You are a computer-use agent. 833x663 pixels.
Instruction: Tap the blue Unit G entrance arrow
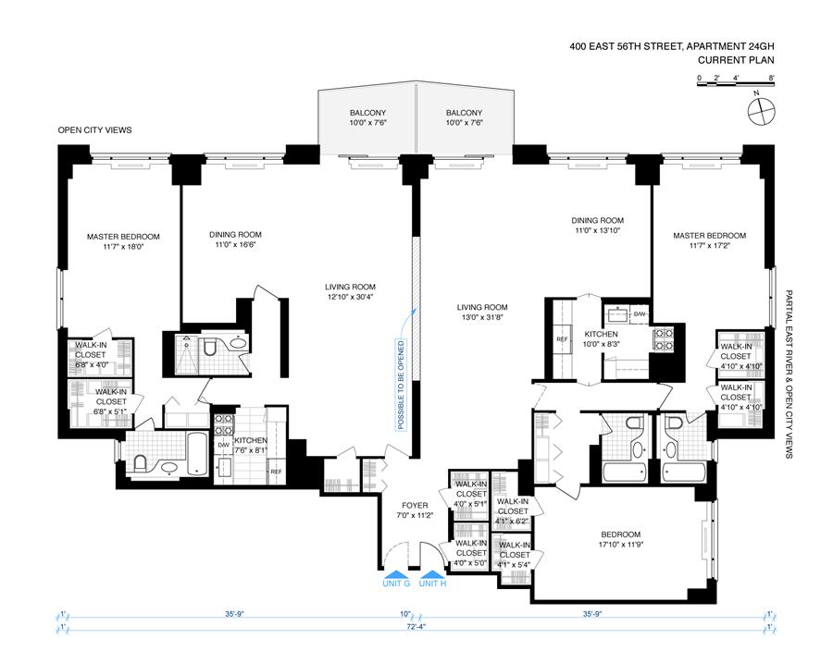point(396,574)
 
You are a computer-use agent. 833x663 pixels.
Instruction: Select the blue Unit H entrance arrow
point(432,574)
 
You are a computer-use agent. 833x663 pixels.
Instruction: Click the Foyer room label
point(415,510)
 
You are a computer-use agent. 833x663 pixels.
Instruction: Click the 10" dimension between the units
point(405,615)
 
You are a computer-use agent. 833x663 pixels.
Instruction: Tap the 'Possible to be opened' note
point(401,385)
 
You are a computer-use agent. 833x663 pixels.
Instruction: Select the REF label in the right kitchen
point(562,339)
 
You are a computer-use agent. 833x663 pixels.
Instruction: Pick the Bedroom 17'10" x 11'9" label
point(620,539)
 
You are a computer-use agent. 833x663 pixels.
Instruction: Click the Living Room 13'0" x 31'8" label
point(482,313)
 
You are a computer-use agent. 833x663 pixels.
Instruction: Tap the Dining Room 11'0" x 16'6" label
point(235,239)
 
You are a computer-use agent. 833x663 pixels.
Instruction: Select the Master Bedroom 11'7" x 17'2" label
point(709,240)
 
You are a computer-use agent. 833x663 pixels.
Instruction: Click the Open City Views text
point(94,130)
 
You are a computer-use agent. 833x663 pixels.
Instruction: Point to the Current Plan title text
point(736,60)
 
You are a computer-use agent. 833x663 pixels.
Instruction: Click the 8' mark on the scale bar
point(771,78)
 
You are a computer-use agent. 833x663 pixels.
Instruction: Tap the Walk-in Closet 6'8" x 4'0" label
point(91,354)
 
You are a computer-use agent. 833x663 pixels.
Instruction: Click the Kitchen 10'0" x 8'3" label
point(601,338)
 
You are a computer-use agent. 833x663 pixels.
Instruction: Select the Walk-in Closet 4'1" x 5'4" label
point(515,555)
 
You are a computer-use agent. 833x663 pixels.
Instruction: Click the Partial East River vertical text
point(789,374)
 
